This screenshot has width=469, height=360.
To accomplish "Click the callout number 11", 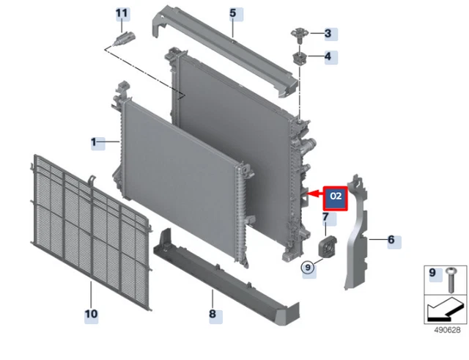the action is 122,13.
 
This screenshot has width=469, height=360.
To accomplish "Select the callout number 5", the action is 233,13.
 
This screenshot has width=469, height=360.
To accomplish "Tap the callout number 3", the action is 328,33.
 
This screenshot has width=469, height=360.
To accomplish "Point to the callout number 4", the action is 328,56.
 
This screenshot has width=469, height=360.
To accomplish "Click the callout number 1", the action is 94,142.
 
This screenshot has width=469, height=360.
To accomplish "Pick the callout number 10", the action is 91,314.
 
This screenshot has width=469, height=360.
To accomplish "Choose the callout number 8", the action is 213,314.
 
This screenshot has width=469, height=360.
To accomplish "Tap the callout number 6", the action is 391,240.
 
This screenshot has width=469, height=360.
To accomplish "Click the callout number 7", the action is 325,216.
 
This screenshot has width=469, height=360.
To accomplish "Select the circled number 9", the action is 308,267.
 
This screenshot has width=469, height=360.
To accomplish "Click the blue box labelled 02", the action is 336,198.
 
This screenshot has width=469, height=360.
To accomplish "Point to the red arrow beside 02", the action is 315,194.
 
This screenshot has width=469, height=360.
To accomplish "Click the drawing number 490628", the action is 447,330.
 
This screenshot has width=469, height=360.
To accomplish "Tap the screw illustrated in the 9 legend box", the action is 451,280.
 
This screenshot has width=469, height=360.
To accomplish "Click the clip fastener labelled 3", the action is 300,34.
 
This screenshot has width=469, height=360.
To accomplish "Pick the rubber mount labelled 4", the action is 299,58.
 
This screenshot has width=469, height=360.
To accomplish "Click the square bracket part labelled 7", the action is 327,247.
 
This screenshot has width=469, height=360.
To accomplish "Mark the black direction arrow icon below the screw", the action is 445,310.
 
